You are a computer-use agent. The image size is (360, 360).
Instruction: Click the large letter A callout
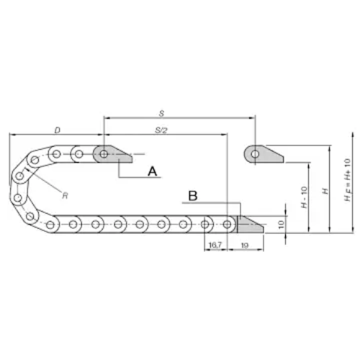coord(153,171)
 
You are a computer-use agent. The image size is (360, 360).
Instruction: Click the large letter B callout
coord(193,196)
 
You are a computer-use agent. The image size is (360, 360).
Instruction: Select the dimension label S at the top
coord(161,113)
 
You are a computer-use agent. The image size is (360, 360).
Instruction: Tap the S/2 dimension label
coord(161,130)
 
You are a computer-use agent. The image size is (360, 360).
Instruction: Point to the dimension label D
coord(58,130)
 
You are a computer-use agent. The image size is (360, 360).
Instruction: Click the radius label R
coord(65,196)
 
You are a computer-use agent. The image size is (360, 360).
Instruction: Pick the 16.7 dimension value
coord(215,245)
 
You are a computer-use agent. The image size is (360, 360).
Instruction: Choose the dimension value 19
coord(244,246)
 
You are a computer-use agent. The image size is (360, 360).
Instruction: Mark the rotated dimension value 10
coord(281,224)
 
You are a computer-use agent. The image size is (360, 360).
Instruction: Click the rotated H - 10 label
coord(304,197)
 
